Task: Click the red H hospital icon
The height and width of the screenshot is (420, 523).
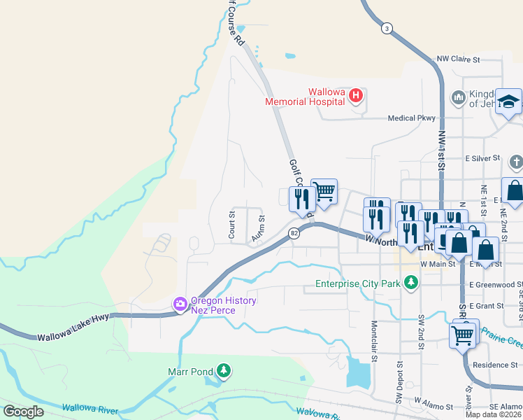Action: (356, 94)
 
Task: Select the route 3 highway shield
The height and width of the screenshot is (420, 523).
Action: (387, 28)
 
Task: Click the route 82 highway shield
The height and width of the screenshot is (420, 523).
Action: (295, 233)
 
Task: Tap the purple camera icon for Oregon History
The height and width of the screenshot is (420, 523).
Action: (180, 304)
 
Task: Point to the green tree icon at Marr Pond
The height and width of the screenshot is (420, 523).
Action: (223, 370)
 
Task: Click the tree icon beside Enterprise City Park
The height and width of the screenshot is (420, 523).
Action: (412, 282)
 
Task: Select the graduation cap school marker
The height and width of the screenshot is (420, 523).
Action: (508, 101)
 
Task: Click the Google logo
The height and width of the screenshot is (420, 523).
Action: (23, 412)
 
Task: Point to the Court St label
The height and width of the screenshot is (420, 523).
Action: (231, 225)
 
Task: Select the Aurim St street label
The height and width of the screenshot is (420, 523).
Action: (257, 229)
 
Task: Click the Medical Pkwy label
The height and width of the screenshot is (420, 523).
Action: (412, 118)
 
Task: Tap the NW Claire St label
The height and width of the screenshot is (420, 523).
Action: (458, 59)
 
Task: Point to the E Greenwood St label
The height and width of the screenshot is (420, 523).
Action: (495, 285)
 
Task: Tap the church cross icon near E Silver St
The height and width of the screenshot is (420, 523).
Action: (516, 162)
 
